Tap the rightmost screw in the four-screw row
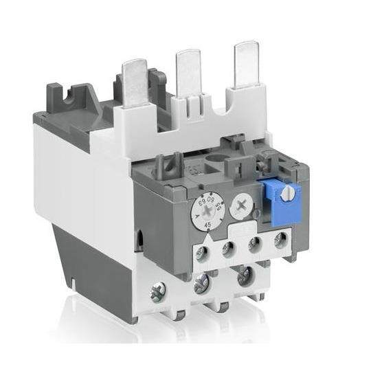(280, 240)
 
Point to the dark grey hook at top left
(76, 98)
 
